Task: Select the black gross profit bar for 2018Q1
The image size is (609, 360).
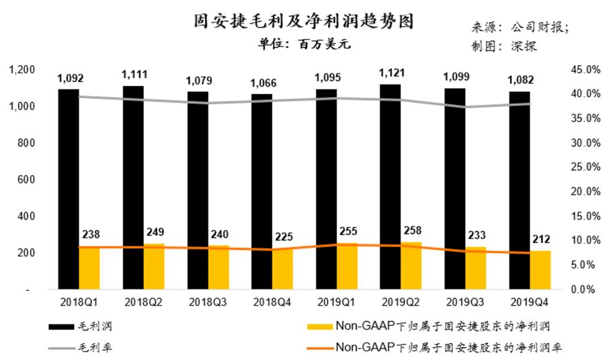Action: tap(68, 188)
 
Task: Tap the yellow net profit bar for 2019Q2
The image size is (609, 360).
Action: tap(411, 265)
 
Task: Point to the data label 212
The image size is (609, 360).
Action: tap(542, 238)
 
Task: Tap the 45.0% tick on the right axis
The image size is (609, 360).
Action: tap(584, 70)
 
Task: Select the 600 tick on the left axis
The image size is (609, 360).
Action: tap(26, 180)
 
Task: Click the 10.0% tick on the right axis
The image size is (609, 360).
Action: tap(584, 240)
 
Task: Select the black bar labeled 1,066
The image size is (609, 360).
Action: tap(261, 191)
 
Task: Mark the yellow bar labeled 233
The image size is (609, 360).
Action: tap(476, 268)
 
